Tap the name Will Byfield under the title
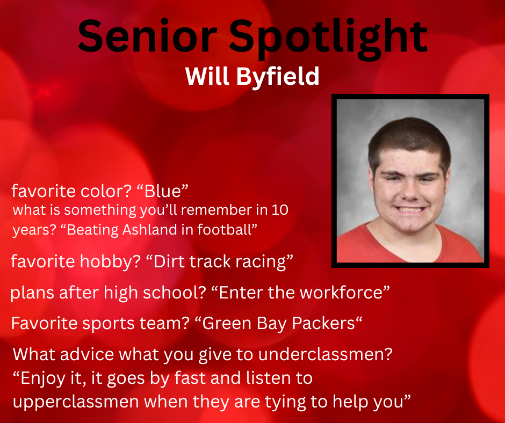coord(252,77)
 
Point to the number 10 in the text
coord(280,210)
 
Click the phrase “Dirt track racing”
coord(223,262)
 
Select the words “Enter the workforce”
coord(297,293)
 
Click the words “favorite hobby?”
coord(75,262)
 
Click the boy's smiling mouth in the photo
coord(410,209)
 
